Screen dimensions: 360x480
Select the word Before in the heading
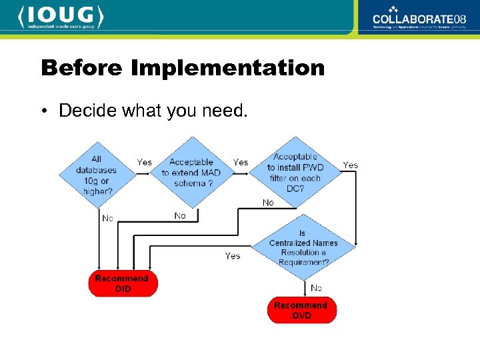click(83, 67)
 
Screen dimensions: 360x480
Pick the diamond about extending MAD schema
click(191, 172)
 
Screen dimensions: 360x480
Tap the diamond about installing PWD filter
click(295, 172)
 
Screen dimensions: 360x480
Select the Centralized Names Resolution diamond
click(303, 248)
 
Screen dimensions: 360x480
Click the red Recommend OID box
click(123, 283)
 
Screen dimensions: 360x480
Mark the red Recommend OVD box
click(301, 310)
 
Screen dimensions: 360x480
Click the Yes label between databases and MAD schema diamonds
click(144, 162)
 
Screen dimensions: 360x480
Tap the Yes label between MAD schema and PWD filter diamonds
click(240, 162)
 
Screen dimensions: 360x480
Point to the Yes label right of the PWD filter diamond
click(350, 165)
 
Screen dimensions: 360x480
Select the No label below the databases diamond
click(107, 218)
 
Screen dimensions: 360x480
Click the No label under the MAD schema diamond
click(180, 215)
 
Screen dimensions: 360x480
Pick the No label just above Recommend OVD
click(316, 287)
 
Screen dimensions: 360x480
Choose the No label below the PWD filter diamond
click(268, 203)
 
